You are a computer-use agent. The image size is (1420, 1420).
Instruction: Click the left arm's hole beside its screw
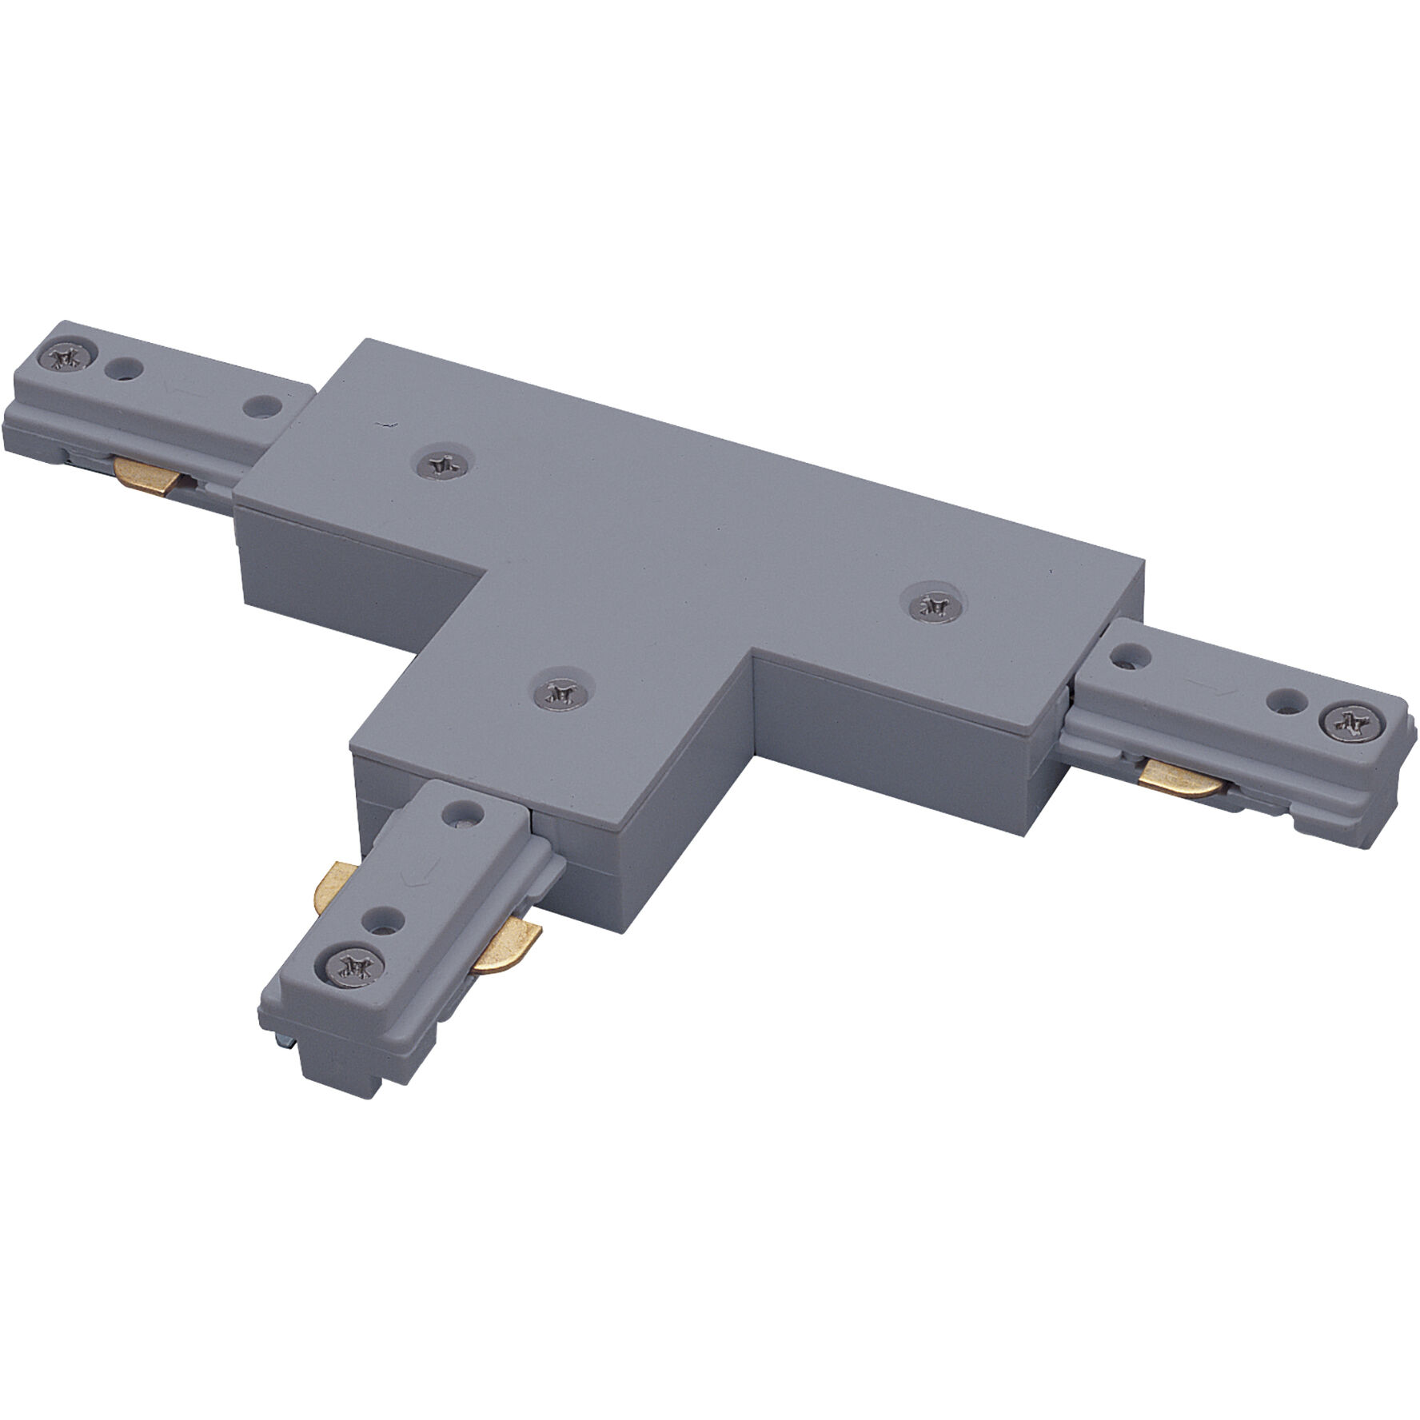point(123,368)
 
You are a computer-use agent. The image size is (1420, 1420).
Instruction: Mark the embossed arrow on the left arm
point(177,389)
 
